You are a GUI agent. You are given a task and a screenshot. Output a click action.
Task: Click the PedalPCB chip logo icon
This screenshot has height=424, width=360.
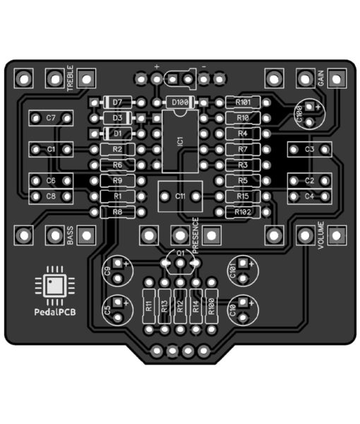tap(55, 285)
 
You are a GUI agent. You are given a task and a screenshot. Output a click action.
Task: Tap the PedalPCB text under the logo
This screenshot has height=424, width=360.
tap(55, 312)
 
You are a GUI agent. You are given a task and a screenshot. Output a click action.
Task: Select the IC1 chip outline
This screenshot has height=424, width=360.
tap(180, 141)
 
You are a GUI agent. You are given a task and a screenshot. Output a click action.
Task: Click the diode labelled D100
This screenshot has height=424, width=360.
tap(180, 102)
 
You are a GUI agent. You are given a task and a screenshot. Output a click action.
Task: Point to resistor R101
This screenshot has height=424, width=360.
tap(243, 102)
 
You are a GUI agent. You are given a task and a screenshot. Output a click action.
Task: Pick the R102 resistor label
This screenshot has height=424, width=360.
tap(243, 212)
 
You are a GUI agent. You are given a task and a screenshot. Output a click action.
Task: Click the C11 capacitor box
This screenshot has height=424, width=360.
tap(180, 196)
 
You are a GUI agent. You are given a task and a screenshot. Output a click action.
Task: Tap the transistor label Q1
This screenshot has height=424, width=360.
tap(180, 253)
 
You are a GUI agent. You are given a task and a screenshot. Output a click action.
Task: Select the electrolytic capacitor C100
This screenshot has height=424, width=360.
tap(309, 114)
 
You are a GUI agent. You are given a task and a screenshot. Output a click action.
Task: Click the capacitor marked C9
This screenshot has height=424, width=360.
tap(117, 271)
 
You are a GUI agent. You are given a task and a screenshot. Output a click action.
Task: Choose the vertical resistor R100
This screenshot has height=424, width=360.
tap(212, 306)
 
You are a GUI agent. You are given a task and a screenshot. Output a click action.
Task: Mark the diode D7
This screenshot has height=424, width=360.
tap(117, 102)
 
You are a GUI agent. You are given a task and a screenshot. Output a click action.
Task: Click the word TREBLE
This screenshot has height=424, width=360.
tap(70, 78)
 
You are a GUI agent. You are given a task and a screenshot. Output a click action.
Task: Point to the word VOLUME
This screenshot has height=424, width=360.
tap(320, 235)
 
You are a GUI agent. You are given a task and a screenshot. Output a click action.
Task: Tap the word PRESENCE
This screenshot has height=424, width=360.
tap(196, 235)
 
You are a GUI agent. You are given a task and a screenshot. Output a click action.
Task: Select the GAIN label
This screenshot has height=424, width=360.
tap(320, 78)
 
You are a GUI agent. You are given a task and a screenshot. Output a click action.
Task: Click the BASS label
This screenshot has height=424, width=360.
tap(70, 235)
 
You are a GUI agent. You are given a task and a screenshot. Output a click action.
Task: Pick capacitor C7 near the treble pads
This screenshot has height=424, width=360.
tap(51, 118)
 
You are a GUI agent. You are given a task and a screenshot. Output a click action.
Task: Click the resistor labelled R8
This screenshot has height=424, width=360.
tap(117, 212)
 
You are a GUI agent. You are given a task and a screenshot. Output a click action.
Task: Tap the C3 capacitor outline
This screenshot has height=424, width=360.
tap(309, 149)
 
